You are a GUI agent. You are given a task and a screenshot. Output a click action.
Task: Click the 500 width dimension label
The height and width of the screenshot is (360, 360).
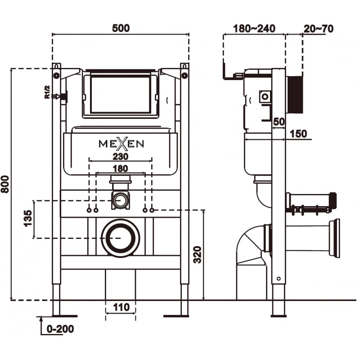point(121,28)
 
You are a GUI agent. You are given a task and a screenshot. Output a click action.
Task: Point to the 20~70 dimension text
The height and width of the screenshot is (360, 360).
point(318,28)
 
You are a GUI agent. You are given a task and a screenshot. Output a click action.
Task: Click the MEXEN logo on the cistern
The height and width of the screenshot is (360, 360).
point(121,144)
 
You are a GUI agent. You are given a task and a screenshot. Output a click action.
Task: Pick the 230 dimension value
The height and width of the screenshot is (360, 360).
point(121,157)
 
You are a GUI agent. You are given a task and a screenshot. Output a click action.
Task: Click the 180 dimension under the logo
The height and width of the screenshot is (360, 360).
point(121,168)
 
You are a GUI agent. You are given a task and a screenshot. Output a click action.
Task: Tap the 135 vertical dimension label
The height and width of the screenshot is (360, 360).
point(28,219)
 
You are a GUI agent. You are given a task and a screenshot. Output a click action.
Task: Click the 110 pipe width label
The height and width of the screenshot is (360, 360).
point(121,307)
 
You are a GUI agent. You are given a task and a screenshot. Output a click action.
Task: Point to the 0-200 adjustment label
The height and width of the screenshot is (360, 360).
point(60,329)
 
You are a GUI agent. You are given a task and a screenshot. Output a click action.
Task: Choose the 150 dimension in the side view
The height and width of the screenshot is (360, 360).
point(297,134)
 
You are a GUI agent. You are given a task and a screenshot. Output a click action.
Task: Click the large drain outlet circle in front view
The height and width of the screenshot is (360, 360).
point(120,238)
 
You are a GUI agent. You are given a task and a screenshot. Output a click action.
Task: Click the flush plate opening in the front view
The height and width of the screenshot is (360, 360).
point(120,94)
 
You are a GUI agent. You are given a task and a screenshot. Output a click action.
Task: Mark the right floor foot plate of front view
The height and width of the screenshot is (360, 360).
point(176,316)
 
